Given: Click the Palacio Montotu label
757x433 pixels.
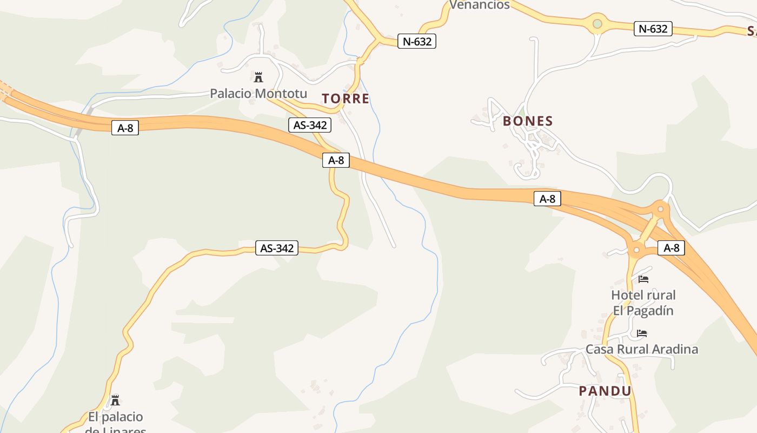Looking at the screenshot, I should pyautogui.click(x=258, y=93).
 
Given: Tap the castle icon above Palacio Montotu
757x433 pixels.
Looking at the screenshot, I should pyautogui.click(x=258, y=77).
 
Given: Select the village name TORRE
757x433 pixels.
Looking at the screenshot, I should pyautogui.click(x=346, y=99).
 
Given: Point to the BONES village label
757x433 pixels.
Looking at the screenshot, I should pyautogui.click(x=528, y=121).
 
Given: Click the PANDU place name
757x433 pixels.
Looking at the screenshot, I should pyautogui.click(x=605, y=391).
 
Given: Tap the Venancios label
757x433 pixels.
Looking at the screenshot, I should pyautogui.click(x=480, y=5).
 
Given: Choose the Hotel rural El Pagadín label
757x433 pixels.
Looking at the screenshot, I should pyautogui.click(x=643, y=303).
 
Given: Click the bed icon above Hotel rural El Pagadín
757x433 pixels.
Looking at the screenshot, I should pyautogui.click(x=643, y=279).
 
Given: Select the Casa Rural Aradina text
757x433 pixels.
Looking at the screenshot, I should pyautogui.click(x=642, y=349).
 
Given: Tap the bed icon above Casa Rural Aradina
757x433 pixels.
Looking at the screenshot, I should pyautogui.click(x=642, y=333).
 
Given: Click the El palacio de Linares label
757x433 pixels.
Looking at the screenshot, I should pyautogui.click(x=115, y=423).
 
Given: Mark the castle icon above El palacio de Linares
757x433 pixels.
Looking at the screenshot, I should pyautogui.click(x=115, y=401).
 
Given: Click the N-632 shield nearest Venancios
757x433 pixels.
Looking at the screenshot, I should pyautogui.click(x=416, y=41).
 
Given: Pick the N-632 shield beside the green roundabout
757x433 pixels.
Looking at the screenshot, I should pyautogui.click(x=653, y=29).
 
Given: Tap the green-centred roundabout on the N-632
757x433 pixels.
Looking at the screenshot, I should pyautogui.click(x=597, y=24).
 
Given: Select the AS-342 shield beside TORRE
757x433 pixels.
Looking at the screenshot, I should pyautogui.click(x=309, y=125).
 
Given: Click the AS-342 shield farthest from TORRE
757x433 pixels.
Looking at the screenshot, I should pyautogui.click(x=277, y=248).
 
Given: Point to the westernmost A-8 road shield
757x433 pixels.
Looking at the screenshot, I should pyautogui.click(x=125, y=128).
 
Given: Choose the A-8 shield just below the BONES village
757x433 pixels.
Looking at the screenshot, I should pyautogui.click(x=547, y=199).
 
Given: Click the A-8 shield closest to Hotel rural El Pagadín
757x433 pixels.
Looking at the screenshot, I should pyautogui.click(x=671, y=248).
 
